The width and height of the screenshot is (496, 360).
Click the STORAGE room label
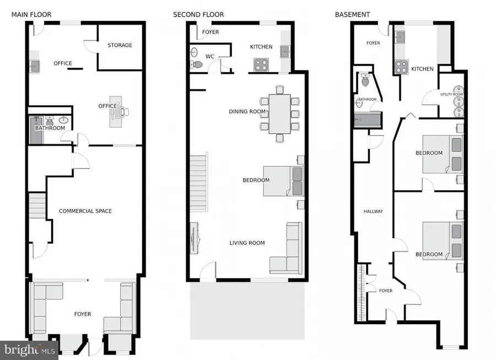(x=120, y=45)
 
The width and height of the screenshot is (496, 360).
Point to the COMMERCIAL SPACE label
(x=85, y=211)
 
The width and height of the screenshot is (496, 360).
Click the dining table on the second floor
(x=279, y=114)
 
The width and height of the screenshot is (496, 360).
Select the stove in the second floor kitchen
(x=261, y=65)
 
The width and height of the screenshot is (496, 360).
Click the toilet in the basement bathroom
(x=365, y=81)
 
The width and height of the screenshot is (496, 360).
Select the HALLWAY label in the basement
(x=373, y=211)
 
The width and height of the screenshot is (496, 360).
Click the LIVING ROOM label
(x=247, y=243)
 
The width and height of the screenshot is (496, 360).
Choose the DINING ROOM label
(x=247, y=111)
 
